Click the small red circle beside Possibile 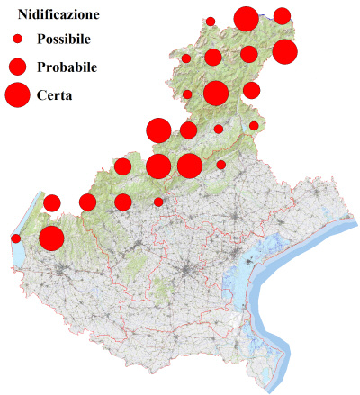[x=16, y=40]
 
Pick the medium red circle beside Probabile [x=16, y=67]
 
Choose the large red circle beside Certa [x=16, y=94]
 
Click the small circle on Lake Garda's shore [x=15, y=238]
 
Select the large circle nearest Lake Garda [x=51, y=238]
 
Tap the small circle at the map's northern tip [x=211, y=21]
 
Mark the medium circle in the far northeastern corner [x=282, y=15]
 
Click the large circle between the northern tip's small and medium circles [x=246, y=18]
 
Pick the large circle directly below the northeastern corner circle [x=284, y=51]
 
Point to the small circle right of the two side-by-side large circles [x=221, y=165]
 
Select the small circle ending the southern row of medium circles [x=159, y=202]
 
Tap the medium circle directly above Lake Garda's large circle [x=51, y=202]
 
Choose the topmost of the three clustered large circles [x=158, y=130]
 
